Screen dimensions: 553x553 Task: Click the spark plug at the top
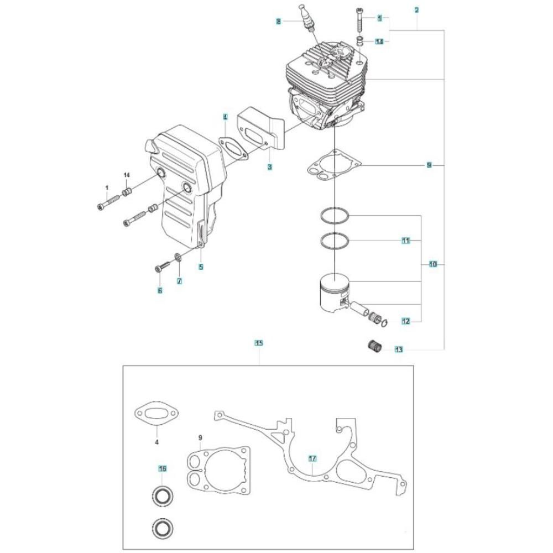[x=306, y=19]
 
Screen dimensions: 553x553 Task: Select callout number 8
[x=279, y=22]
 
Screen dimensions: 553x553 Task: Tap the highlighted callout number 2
[x=416, y=10]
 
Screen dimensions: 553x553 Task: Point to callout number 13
[x=399, y=350]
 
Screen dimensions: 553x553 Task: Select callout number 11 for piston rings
[x=406, y=241]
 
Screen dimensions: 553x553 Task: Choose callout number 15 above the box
[x=259, y=343]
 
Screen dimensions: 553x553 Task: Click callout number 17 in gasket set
[x=312, y=459]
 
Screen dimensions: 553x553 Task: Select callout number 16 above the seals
[x=162, y=469]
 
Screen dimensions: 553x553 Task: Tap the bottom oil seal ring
[x=163, y=528]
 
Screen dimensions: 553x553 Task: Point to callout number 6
[x=160, y=291]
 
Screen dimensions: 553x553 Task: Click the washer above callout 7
[x=179, y=258]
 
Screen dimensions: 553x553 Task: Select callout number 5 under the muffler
[x=201, y=267]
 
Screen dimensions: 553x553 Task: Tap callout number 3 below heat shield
[x=269, y=167]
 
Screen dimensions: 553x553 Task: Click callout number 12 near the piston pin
[x=406, y=321]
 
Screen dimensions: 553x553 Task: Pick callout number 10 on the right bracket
[x=433, y=264]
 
